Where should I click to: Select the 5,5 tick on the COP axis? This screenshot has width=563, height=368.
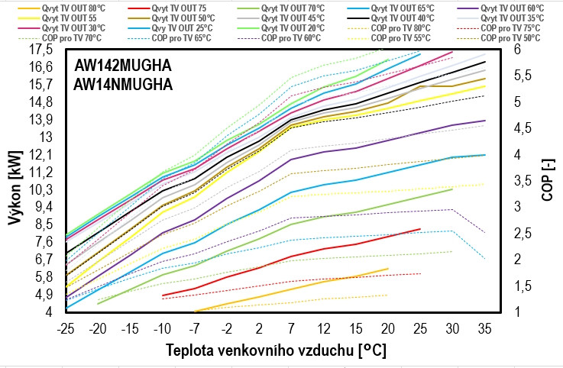(523, 76)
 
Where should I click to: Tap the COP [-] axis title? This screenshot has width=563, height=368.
(547, 181)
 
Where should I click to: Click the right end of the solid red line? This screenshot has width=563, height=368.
(420, 228)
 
